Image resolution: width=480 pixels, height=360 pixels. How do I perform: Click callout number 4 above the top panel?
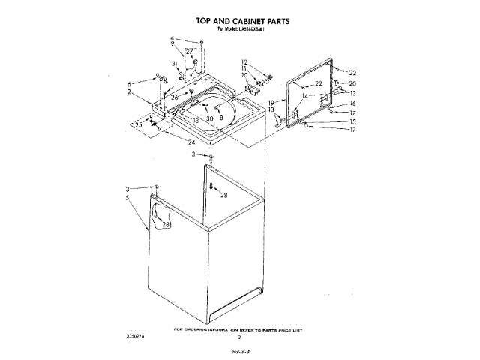click(x=172, y=37)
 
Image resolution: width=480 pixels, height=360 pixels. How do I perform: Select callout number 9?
click(x=172, y=45)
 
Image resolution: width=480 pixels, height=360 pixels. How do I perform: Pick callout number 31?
click(x=173, y=63)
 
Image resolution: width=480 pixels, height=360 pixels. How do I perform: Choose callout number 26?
click(x=174, y=97)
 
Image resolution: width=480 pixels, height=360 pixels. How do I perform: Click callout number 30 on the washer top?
click(x=210, y=118)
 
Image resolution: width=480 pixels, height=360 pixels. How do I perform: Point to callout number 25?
click(x=137, y=124)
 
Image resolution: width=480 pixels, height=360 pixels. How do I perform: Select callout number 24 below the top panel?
click(x=192, y=143)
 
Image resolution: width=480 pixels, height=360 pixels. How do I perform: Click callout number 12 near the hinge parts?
click(x=244, y=61)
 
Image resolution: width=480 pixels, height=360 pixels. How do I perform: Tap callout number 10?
click(x=244, y=76)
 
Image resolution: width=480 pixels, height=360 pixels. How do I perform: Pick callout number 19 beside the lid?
click(x=281, y=102)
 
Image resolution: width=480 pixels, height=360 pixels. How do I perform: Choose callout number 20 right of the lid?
click(x=352, y=83)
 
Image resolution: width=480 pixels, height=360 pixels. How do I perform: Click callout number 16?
click(x=352, y=103)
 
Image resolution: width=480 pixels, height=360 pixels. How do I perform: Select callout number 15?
click(x=352, y=121)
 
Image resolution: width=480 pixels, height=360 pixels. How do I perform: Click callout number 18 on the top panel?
click(x=195, y=120)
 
